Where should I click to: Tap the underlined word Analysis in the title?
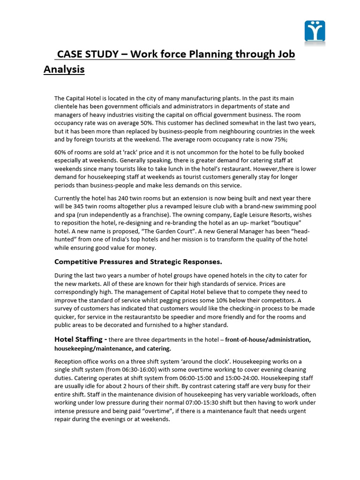[64, 70]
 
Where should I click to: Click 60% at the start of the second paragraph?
[60, 152]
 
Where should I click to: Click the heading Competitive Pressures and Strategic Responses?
[138, 261]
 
